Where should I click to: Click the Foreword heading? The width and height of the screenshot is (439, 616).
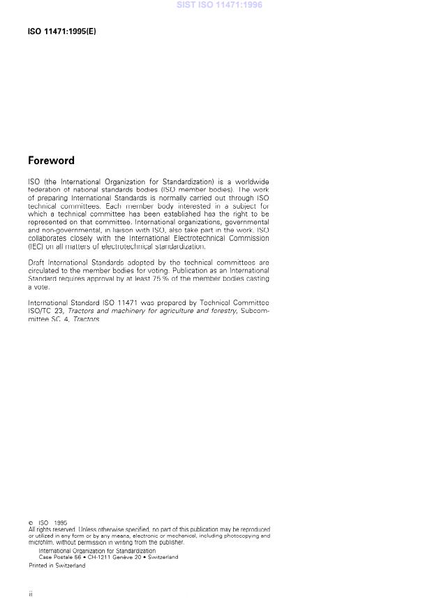coord(51,161)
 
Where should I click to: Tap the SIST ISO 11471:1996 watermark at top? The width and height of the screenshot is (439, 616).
coord(219,5)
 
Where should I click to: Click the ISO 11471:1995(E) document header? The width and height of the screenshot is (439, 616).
coord(61,32)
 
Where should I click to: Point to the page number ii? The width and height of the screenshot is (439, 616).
coord(31,594)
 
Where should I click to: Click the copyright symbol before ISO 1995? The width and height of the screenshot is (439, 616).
coord(31,522)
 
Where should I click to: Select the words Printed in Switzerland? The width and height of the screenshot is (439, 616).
coord(57,566)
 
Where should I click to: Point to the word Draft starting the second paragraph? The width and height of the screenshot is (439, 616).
coord(36,262)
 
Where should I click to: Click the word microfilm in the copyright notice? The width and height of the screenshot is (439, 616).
coord(40,542)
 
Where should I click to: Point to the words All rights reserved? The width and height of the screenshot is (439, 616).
coord(53,529)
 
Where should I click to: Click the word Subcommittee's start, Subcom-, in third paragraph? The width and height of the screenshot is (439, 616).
coord(255,311)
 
